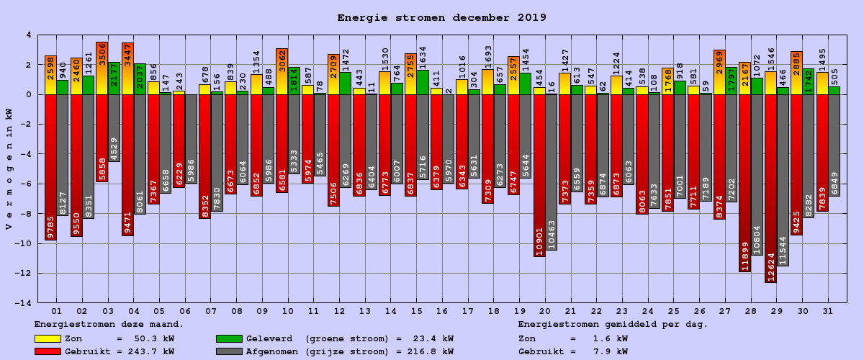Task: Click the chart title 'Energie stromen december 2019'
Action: tap(441, 18)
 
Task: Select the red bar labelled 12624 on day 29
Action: tap(770, 188)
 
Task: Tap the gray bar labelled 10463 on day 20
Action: tap(551, 172)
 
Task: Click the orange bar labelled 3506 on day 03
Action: tap(102, 68)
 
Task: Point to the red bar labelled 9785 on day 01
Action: tap(50, 167)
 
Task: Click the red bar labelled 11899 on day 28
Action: tap(744, 183)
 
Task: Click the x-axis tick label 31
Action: tap(828, 311)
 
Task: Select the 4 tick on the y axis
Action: tap(29, 35)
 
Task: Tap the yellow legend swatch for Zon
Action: tap(48, 338)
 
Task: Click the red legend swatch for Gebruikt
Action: tap(48, 352)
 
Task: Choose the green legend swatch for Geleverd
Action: tap(228, 338)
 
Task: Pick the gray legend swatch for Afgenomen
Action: tap(228, 352)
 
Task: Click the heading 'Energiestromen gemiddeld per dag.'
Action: tap(613, 325)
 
